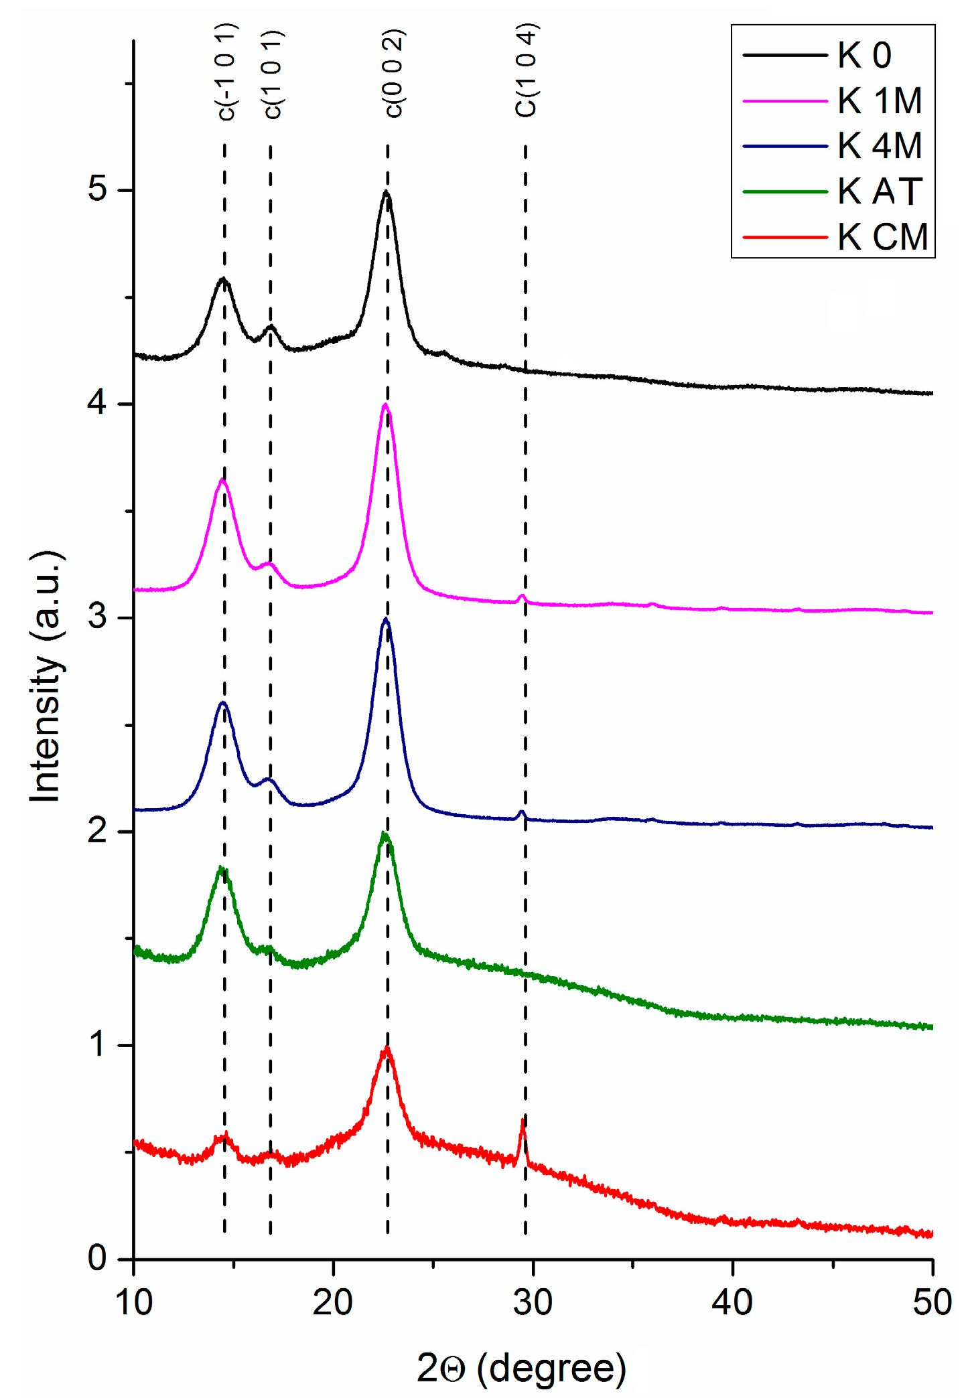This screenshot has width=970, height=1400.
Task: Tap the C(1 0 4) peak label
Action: [x=527, y=71]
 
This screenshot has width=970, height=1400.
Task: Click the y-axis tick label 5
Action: [x=98, y=189]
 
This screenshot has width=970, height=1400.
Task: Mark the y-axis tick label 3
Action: [x=98, y=617]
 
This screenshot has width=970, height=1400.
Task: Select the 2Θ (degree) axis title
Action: [x=521, y=1367]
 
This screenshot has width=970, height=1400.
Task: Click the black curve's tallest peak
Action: [x=386, y=192]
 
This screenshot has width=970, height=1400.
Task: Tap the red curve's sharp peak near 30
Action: [x=523, y=1120]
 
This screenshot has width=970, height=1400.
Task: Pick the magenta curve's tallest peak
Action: [x=385, y=405]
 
